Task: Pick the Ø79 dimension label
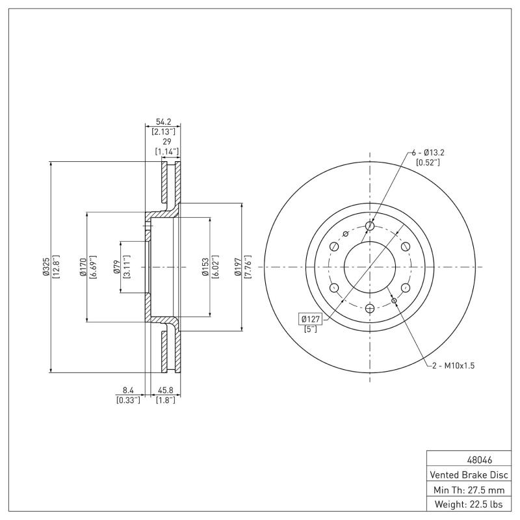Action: click(116, 267)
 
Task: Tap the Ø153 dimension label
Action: click(205, 267)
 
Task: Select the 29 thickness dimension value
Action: click(167, 141)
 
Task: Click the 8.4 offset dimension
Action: click(127, 391)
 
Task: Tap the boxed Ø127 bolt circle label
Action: click(310, 318)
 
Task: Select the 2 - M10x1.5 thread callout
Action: click(454, 366)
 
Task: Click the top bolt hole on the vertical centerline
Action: click(370, 226)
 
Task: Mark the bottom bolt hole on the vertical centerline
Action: click(370, 308)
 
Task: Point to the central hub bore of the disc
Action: click(370, 267)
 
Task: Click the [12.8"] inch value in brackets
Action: click(57, 267)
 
